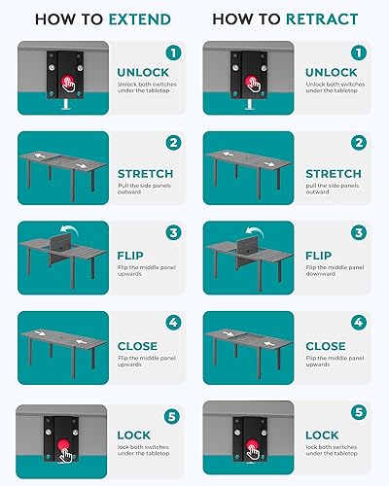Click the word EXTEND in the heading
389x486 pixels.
point(140,18)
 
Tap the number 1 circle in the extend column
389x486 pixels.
point(172,52)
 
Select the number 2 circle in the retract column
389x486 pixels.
point(359,142)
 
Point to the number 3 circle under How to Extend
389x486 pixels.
point(172,233)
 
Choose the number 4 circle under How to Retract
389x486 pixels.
point(359,322)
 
